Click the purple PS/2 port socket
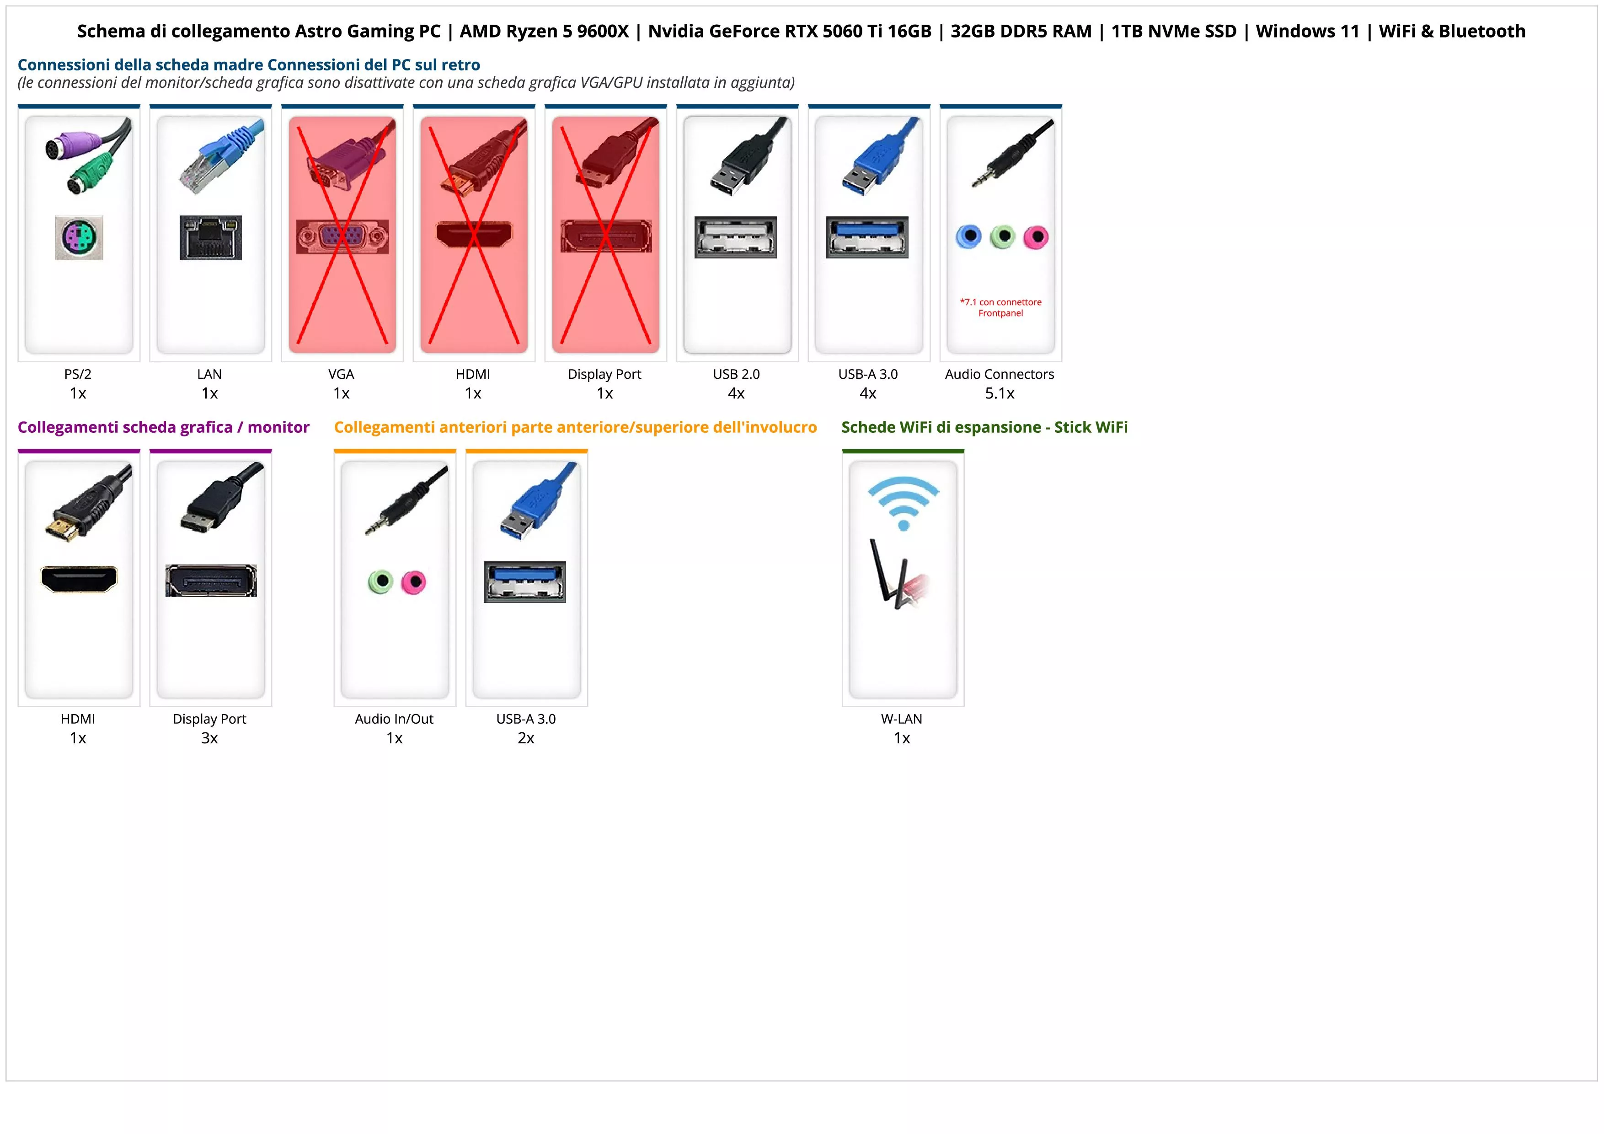(x=79, y=237)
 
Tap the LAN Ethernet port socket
(x=210, y=237)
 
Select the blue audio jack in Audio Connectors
(x=968, y=237)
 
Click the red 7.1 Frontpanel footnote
(x=1000, y=307)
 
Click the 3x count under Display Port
(x=209, y=738)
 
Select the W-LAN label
(x=901, y=719)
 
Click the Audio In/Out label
(x=394, y=719)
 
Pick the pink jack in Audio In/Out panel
(x=414, y=582)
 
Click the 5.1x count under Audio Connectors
(x=1000, y=393)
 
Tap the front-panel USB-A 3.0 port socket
(x=524, y=581)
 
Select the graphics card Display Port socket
(x=211, y=580)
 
